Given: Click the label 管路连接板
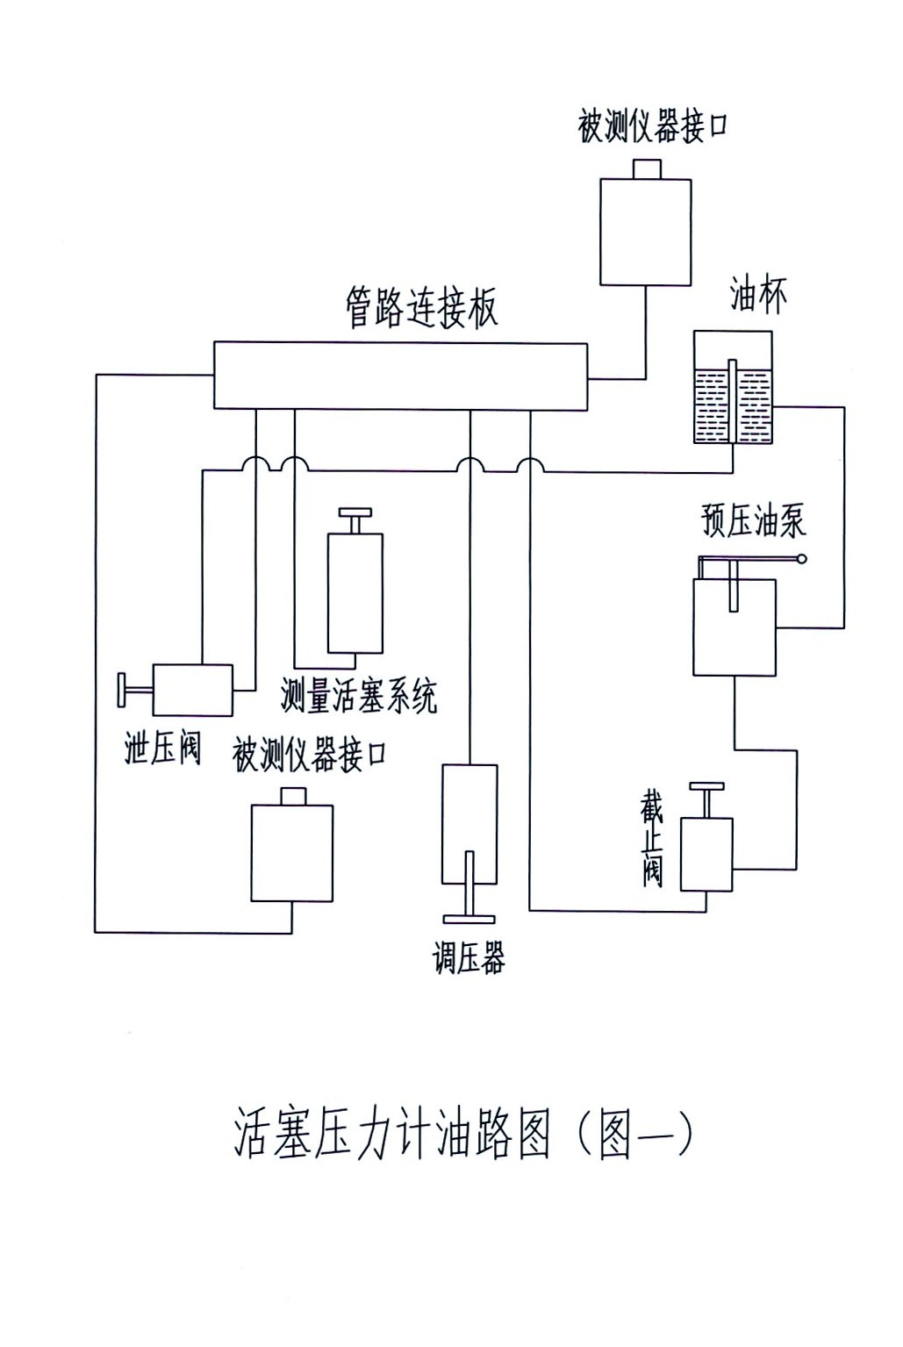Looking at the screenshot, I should tap(422, 309).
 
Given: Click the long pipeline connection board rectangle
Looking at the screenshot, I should tap(401, 376).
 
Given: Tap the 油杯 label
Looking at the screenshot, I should tap(758, 297).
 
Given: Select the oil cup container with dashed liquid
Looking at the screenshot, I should tap(733, 388).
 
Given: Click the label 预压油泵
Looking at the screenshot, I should tap(753, 520).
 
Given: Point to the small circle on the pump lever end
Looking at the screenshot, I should tap(800, 558).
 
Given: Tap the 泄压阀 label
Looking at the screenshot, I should tap(163, 748).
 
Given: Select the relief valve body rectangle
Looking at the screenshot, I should tap(192, 690).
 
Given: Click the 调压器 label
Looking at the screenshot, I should tap(469, 957).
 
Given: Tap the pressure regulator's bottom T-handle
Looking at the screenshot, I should tap(469, 918).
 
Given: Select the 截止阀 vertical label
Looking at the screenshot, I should tap(652, 841).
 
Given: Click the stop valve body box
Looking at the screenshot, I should tap(706, 854).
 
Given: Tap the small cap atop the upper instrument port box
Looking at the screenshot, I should tap(646, 168).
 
